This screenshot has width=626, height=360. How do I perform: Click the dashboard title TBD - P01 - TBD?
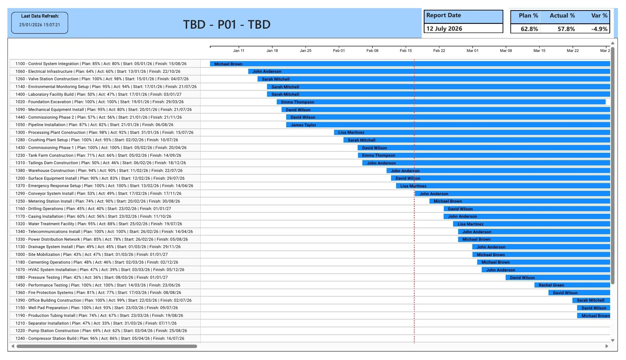pos(227,25)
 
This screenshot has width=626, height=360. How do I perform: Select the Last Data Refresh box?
pos(39,23)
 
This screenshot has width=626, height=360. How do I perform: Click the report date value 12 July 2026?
pos(444,29)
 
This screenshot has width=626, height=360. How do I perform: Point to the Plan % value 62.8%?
pos(529,29)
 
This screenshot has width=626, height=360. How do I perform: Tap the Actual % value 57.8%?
pos(566,29)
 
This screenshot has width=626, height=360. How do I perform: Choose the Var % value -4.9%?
pos(599,29)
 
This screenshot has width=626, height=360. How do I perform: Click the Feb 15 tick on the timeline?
pos(406,51)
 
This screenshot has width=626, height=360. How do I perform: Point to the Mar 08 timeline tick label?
pos(506,51)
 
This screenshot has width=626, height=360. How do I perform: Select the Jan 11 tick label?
pos(239,51)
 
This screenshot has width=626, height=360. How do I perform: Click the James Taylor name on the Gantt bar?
pos(303,125)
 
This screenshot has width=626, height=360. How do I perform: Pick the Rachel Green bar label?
pos(551,285)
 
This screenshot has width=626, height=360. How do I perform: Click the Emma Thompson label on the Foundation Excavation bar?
pos(297,102)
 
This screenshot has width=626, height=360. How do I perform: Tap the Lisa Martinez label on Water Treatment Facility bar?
pos(470,224)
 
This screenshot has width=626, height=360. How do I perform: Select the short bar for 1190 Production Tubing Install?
pos(593,316)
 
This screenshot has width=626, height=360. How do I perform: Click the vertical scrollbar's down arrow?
pos(613,340)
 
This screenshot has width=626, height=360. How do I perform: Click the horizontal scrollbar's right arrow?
pos(607,346)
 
